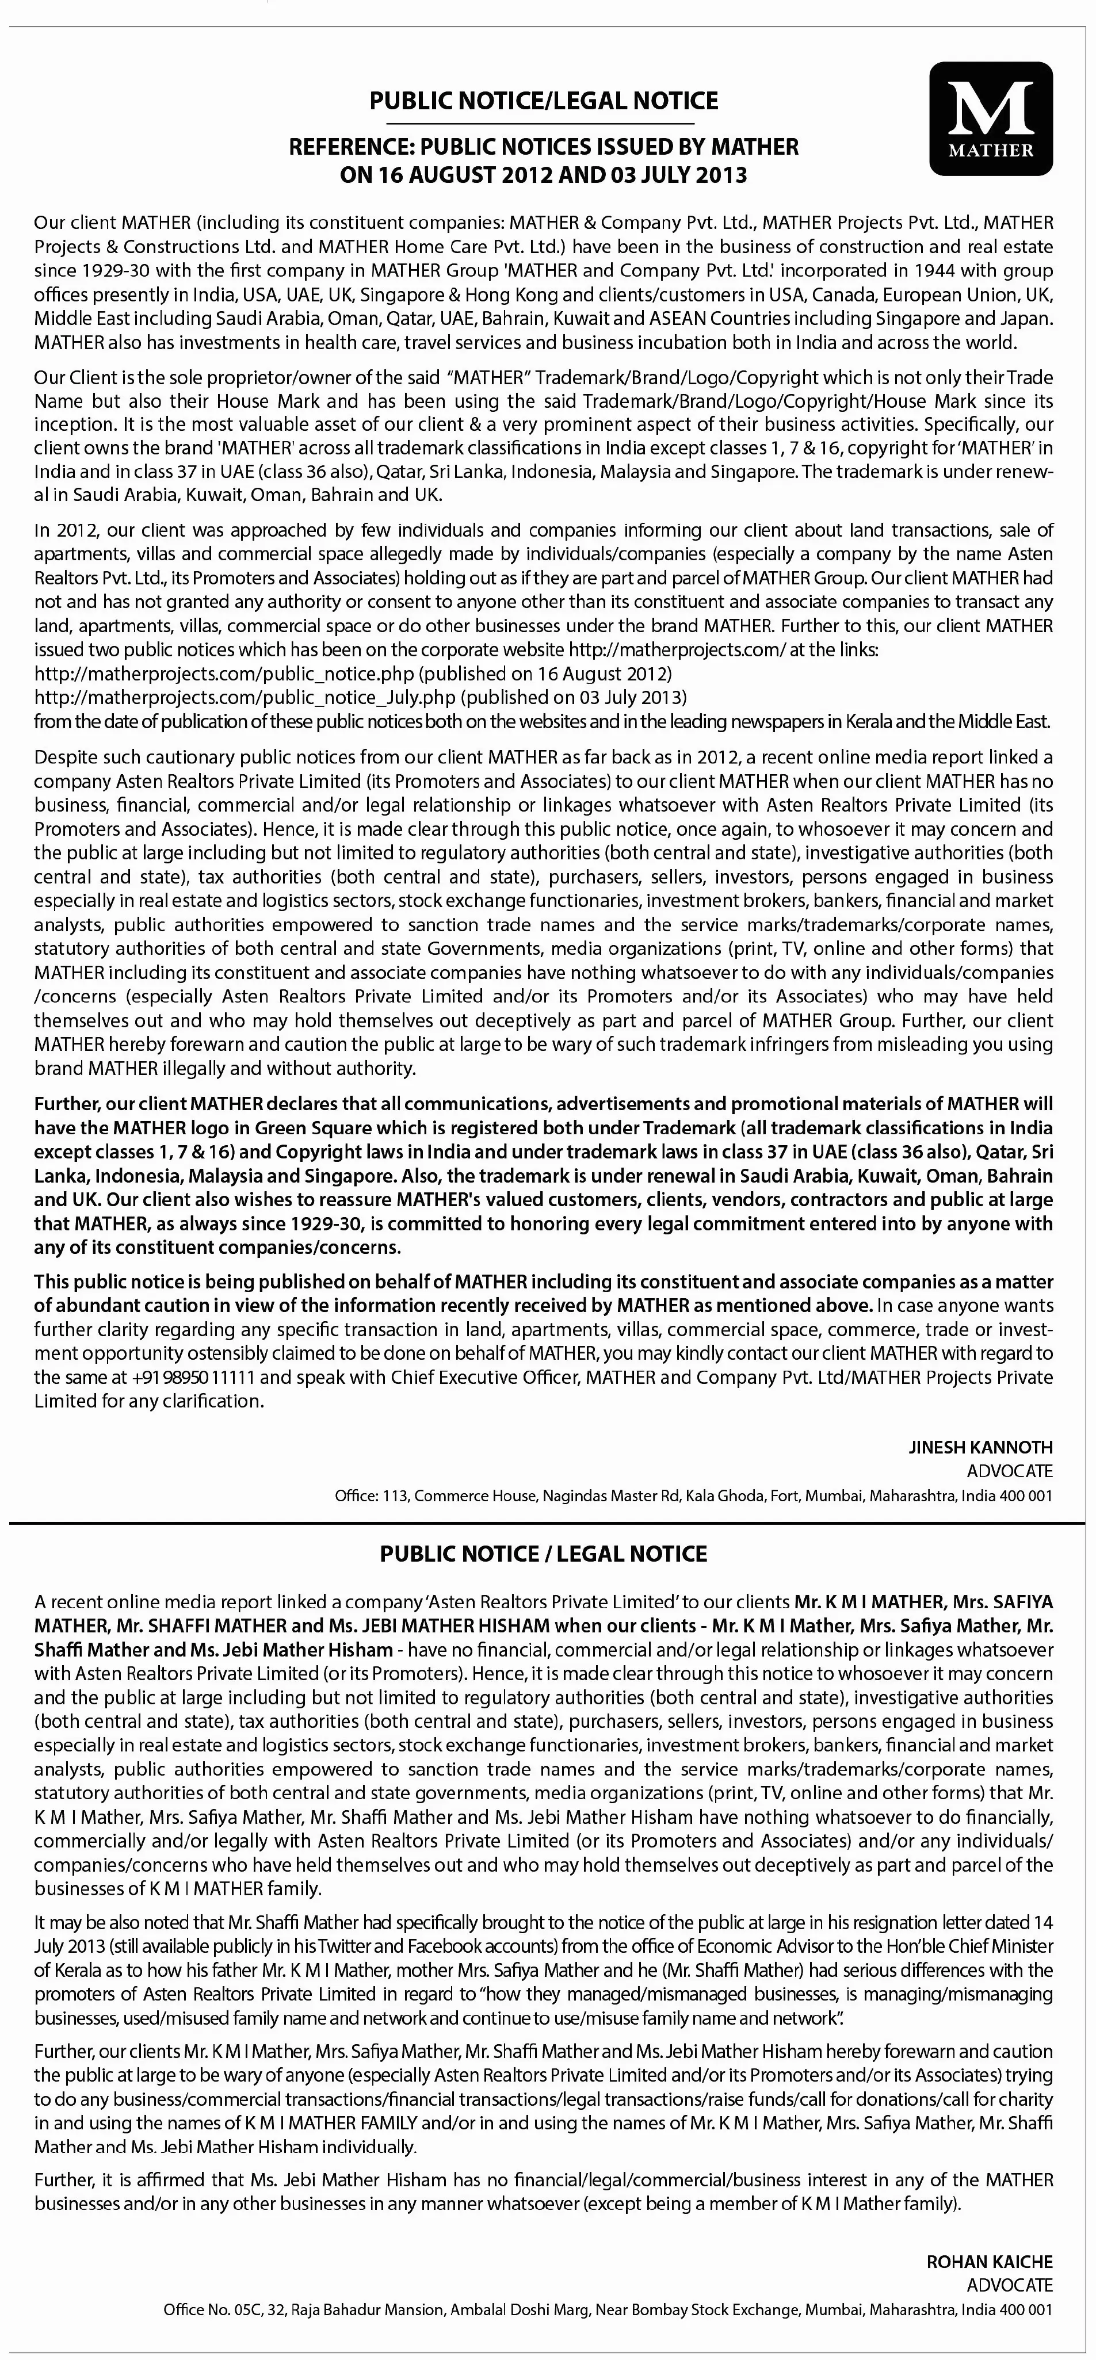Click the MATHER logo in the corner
pos(991,118)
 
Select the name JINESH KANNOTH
pos(980,1448)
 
